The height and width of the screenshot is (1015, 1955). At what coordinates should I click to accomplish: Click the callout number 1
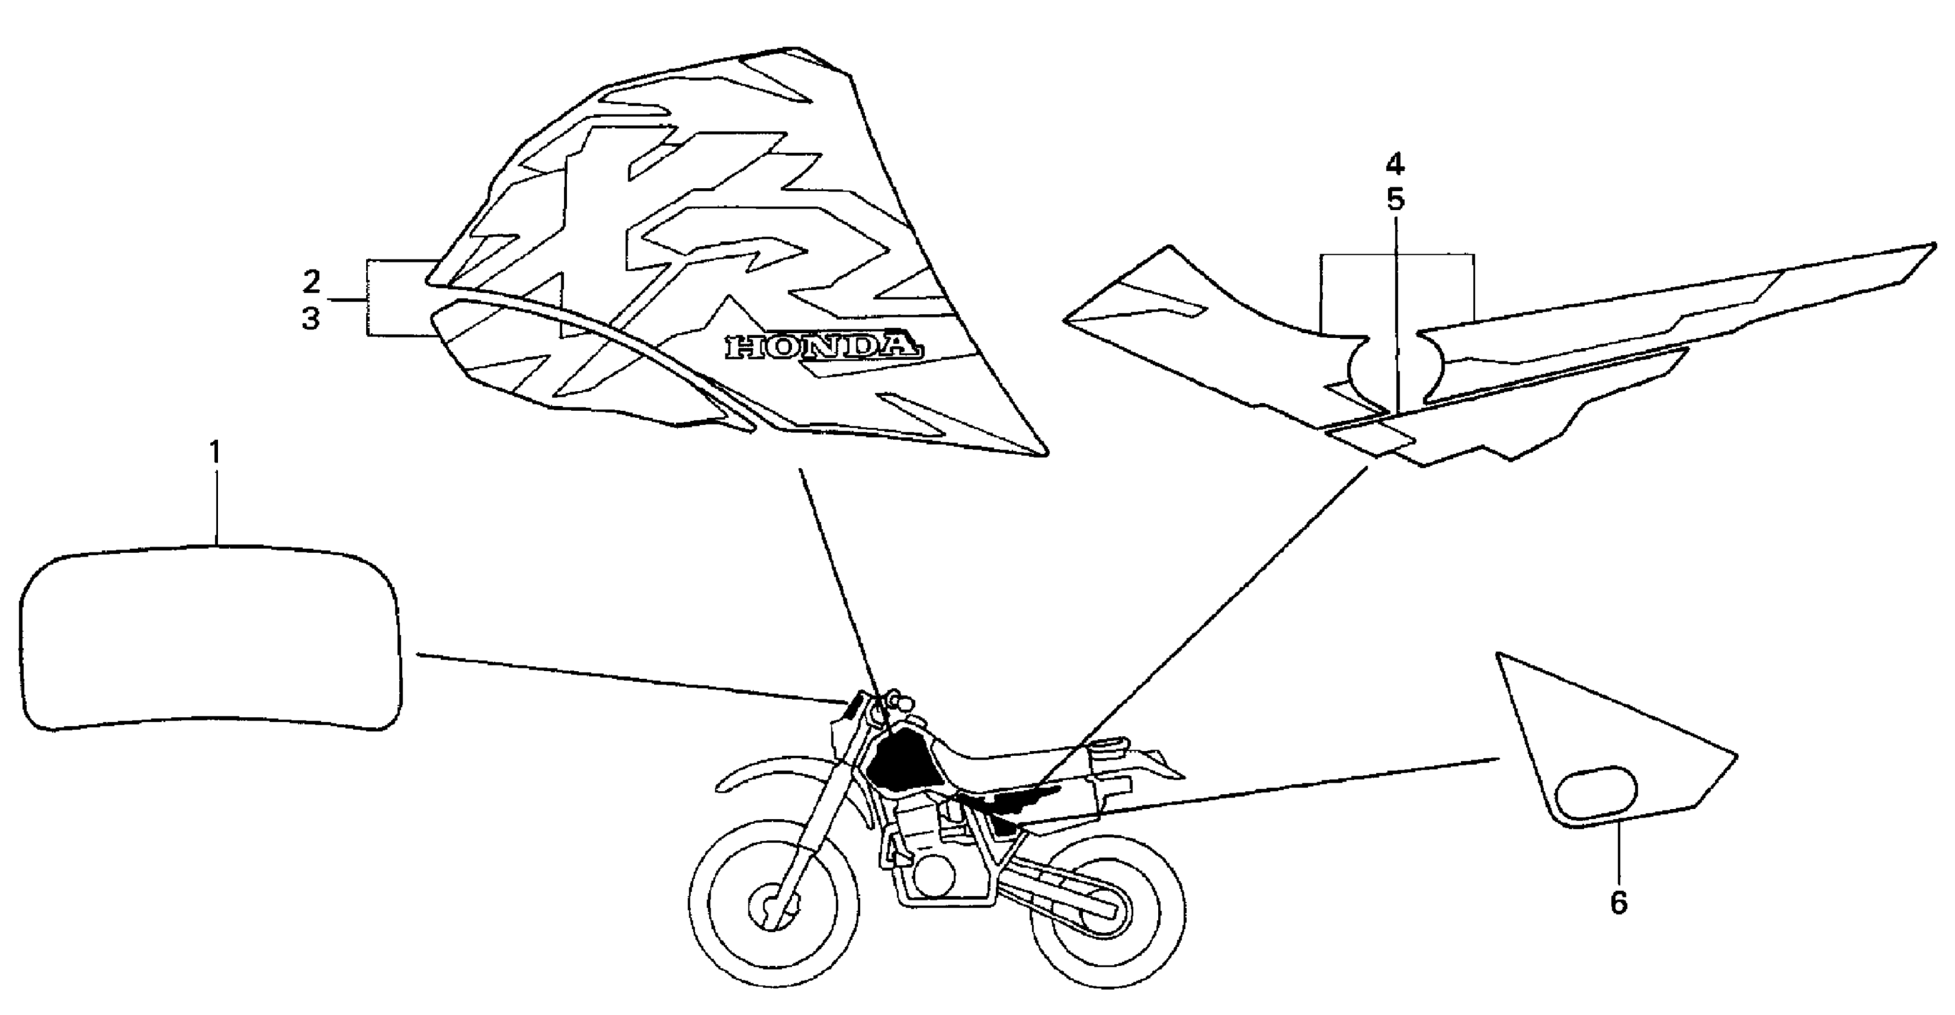coord(216,454)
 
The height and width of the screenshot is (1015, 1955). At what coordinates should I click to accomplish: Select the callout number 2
coord(311,281)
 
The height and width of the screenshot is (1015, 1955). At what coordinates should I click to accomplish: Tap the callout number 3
coord(311,319)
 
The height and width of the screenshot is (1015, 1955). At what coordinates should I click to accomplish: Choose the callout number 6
coord(1619,903)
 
